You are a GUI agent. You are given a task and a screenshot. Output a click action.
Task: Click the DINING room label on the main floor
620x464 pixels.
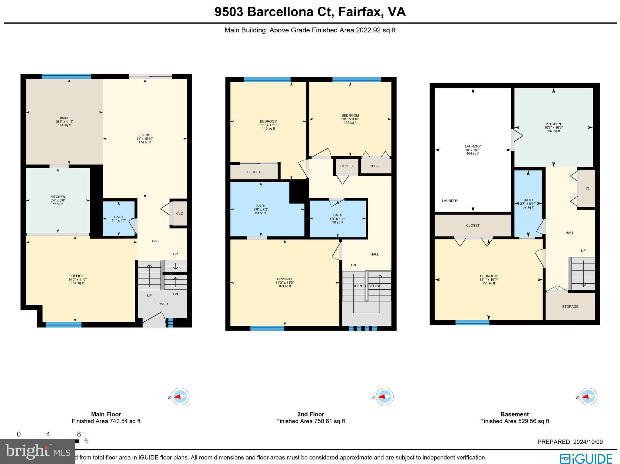(x=64, y=118)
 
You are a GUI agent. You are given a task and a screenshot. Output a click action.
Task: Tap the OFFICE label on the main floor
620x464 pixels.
(x=77, y=276)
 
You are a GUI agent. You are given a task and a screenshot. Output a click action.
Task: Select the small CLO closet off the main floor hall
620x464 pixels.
(x=180, y=213)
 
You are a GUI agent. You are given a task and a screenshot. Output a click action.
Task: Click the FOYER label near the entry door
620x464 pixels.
(x=162, y=304)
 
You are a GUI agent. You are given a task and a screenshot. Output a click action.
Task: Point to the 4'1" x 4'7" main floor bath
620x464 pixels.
(x=119, y=219)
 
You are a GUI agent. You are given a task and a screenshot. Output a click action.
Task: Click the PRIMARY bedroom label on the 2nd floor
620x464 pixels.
(x=285, y=279)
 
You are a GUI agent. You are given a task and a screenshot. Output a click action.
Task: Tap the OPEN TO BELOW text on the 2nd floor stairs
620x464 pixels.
(x=366, y=286)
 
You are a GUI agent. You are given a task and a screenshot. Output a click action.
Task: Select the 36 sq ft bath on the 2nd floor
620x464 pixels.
(x=338, y=219)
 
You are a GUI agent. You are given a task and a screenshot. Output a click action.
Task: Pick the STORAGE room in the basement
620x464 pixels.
(x=570, y=307)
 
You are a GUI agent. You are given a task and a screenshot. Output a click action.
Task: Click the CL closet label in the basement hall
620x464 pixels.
(x=587, y=188)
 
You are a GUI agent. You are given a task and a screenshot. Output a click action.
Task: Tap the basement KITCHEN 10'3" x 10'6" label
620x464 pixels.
(x=553, y=124)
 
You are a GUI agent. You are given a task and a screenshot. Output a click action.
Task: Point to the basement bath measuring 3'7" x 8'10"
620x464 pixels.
(x=528, y=203)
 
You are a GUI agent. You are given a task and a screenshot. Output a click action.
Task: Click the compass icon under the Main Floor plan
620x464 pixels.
(x=180, y=397)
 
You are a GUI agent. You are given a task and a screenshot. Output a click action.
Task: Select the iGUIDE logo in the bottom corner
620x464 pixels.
(x=586, y=459)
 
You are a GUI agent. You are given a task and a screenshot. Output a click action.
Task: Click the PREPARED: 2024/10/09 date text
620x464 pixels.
(x=570, y=442)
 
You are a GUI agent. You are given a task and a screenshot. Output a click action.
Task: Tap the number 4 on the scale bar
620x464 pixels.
(x=48, y=434)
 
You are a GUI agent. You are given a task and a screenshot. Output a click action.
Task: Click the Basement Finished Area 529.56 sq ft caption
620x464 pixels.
(x=514, y=421)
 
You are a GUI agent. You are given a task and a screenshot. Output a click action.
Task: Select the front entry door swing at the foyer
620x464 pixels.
(x=154, y=322)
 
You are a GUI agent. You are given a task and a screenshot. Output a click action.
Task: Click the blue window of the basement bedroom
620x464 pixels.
(x=472, y=323)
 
